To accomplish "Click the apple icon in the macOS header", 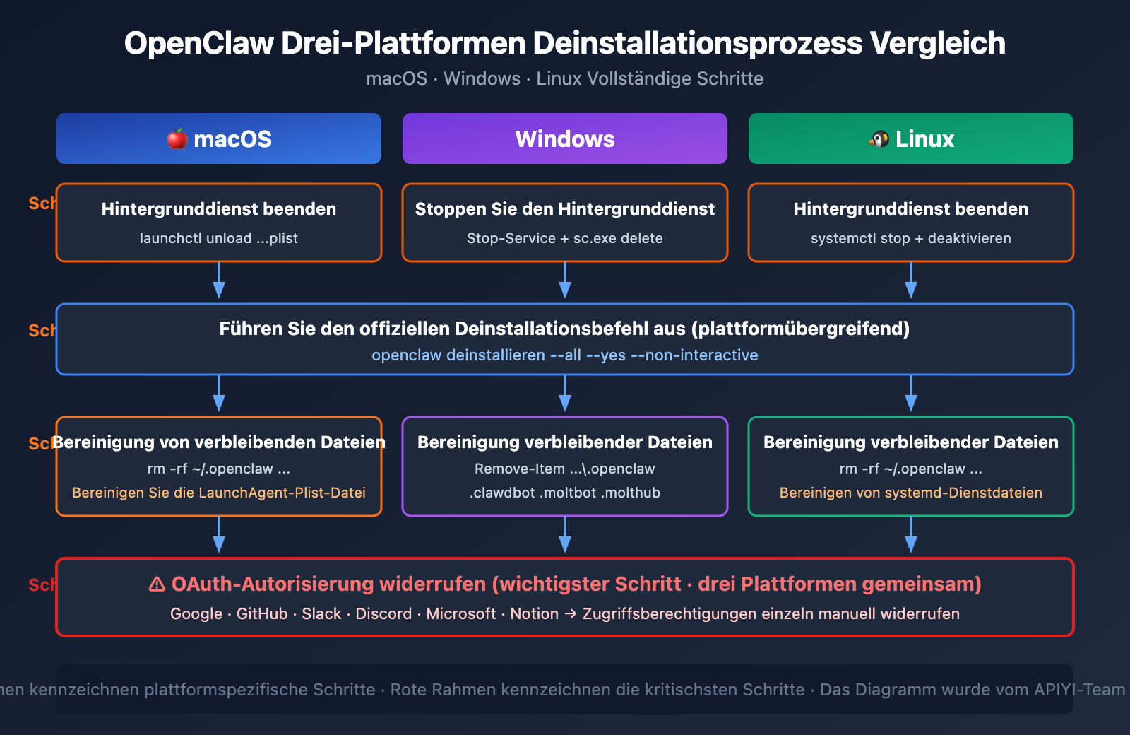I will (x=177, y=139).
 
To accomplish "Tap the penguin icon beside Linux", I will (x=879, y=139).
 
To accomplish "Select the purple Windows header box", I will (x=565, y=139).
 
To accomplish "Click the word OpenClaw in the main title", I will (x=198, y=43).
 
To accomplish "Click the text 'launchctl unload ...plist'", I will (x=218, y=238).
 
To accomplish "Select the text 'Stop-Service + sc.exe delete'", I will (x=564, y=238).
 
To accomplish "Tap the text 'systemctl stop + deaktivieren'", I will (x=910, y=238).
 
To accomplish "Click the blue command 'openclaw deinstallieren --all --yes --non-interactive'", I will (x=564, y=355).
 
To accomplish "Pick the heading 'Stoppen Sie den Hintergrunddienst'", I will (x=564, y=208).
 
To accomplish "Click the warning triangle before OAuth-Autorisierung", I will (x=157, y=584).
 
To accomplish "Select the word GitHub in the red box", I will (x=262, y=613).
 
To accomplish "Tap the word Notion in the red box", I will (x=534, y=613).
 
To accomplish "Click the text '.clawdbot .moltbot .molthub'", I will (x=564, y=493).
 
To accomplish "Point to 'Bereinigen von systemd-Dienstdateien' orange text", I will (x=910, y=493).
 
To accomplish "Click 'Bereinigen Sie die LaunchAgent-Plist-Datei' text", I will (x=218, y=493).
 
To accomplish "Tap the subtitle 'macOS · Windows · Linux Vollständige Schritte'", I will (x=564, y=78).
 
